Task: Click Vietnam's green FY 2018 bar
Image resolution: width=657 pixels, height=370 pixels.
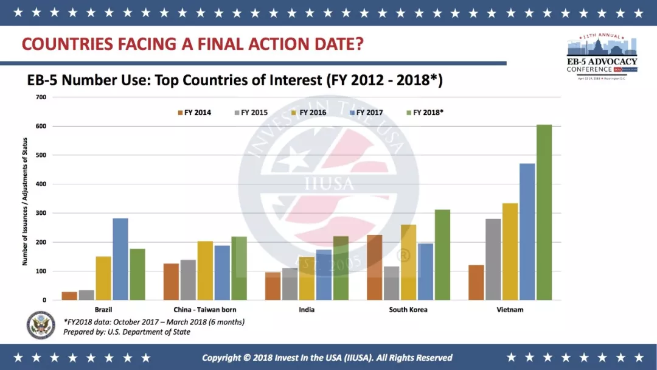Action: point(544,212)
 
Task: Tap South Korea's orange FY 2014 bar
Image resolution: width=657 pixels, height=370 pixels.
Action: point(375,267)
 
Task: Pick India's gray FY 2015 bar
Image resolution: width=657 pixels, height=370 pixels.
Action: point(290,284)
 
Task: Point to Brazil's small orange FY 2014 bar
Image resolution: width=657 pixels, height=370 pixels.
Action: point(69,296)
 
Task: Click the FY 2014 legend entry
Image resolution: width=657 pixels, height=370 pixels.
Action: point(194,113)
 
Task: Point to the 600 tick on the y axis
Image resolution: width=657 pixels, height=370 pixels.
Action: point(41,126)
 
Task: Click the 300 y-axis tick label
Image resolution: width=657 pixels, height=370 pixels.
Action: point(41,213)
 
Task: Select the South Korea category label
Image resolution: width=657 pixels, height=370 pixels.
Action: point(408,310)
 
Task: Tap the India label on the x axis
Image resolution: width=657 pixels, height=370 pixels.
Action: point(307,310)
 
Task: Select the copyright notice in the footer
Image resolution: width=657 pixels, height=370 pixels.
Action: point(327,357)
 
